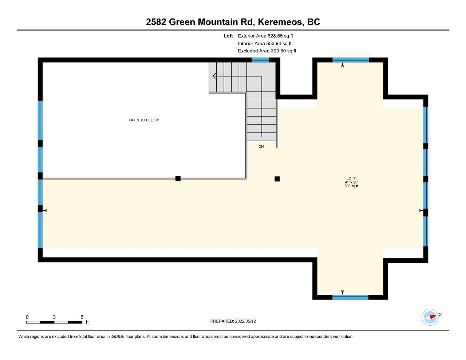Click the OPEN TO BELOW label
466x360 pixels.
click(x=144, y=120)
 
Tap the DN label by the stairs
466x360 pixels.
click(x=261, y=147)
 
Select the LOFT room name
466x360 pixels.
click(x=351, y=178)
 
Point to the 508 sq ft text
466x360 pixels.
click(x=351, y=186)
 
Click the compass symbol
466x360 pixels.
click(x=430, y=317)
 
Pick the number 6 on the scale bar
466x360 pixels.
click(x=82, y=317)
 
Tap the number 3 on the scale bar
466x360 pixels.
click(x=54, y=317)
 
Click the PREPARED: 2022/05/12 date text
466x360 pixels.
click(x=233, y=321)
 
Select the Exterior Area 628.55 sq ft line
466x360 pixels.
click(x=265, y=36)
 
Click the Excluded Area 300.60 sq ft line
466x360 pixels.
click(x=267, y=51)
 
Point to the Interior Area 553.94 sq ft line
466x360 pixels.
click(x=265, y=43)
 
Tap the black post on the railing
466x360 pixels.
click(x=178, y=178)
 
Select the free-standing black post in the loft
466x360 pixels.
click(x=277, y=179)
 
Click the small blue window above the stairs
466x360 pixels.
click(x=260, y=60)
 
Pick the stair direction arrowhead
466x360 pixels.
click(x=214, y=76)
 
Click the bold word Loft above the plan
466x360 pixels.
click(x=228, y=36)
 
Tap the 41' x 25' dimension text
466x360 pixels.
click(x=351, y=182)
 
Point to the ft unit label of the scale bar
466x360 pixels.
click(x=87, y=322)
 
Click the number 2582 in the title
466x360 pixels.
click(x=156, y=22)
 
